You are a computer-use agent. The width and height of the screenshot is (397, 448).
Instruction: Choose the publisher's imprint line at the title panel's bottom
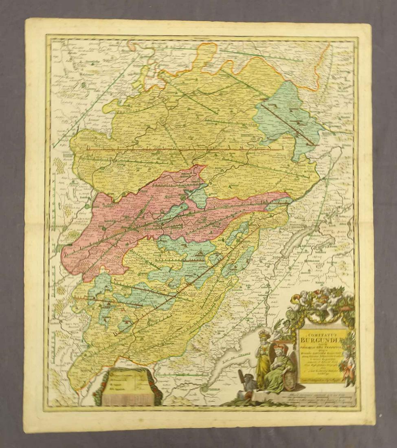point(322,380)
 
